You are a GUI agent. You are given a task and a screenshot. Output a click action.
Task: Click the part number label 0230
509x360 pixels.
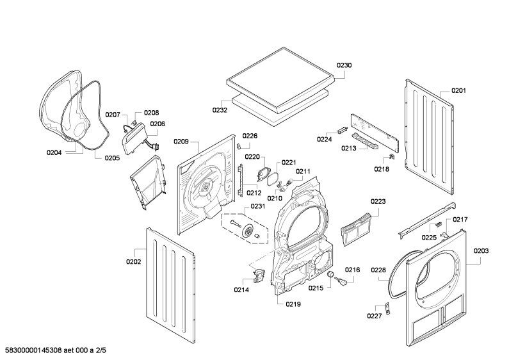click(344, 65)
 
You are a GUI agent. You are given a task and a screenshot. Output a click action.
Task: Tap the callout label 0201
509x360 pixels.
click(458, 90)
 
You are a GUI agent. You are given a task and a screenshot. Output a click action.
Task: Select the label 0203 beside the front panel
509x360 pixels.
click(481, 250)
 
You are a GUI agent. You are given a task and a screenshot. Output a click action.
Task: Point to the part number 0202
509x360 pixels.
click(133, 261)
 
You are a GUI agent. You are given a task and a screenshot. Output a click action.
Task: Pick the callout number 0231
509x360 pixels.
click(257, 206)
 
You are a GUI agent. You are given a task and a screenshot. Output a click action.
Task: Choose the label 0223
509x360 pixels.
click(378, 201)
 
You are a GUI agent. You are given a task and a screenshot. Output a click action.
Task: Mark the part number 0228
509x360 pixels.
click(378, 270)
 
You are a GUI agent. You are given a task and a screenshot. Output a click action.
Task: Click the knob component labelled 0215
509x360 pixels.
click(333, 276)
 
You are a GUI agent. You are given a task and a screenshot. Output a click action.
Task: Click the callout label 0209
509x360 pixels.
click(181, 142)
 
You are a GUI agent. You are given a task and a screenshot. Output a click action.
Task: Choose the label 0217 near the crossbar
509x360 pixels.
click(460, 220)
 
